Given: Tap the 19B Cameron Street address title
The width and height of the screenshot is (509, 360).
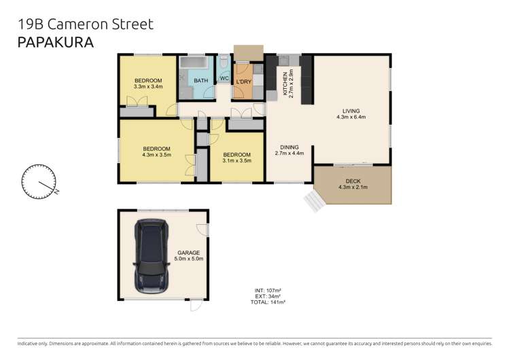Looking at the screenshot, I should tap(85, 24).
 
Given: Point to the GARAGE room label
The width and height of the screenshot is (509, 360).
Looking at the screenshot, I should tap(188, 253).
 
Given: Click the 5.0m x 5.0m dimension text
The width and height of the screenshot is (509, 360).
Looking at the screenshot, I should tap(188, 259).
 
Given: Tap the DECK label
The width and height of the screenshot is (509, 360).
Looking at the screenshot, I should tap(352, 181).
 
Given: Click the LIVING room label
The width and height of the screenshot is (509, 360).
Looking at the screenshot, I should tap(351, 111).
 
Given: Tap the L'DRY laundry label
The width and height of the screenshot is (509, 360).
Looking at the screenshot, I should tap(243, 82).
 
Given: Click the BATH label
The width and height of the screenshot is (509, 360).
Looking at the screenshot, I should tap(201, 81).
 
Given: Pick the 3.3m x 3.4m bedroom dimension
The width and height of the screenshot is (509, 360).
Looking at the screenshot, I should tap(148, 87).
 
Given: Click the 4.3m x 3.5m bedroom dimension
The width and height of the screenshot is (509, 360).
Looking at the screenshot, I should tap(156, 155).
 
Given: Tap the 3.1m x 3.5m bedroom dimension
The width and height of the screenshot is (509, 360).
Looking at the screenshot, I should tap(237, 161).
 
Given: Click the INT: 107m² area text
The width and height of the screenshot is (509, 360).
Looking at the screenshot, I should tap(265, 291).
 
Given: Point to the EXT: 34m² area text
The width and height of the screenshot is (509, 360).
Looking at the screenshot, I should tap(265, 296).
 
